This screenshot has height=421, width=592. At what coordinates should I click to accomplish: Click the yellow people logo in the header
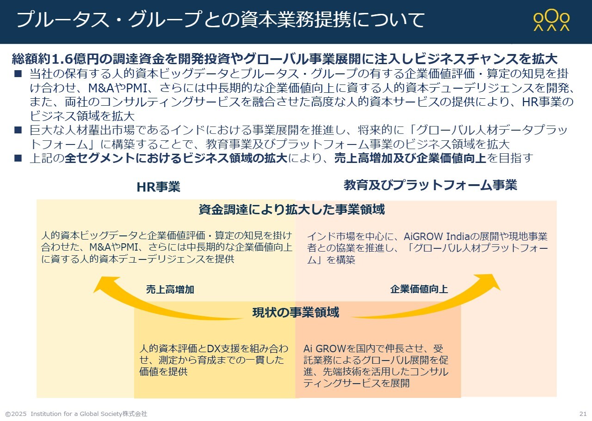551,20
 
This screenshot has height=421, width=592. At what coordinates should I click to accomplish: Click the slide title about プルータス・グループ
220,20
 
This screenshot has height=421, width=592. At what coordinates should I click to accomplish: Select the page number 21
582,414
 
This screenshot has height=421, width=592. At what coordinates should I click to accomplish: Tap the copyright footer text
76,414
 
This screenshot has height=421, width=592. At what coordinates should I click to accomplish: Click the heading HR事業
158,187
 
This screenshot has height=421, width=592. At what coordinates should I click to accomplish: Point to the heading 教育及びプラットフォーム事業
430,186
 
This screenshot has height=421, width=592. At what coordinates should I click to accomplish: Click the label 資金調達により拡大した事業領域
291,210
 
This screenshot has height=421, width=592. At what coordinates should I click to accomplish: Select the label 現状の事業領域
296,313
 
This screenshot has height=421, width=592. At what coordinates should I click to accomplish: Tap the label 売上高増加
170,289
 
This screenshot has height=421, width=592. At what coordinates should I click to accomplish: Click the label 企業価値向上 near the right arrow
419,289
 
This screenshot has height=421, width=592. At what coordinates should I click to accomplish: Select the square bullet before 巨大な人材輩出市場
18,130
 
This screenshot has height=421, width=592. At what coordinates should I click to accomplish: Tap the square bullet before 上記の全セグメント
18,158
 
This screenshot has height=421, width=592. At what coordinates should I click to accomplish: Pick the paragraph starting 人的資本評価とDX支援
214,360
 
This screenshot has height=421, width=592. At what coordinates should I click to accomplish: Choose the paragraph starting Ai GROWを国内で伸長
376,366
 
